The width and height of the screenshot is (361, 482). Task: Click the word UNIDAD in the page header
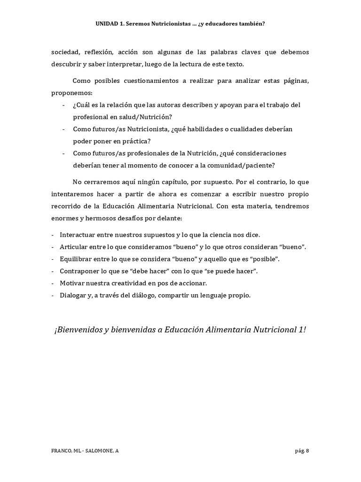106,23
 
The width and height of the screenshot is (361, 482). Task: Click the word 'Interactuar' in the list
78,234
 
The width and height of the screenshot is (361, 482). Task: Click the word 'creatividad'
136,283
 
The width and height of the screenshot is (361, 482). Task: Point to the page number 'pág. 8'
302,451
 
